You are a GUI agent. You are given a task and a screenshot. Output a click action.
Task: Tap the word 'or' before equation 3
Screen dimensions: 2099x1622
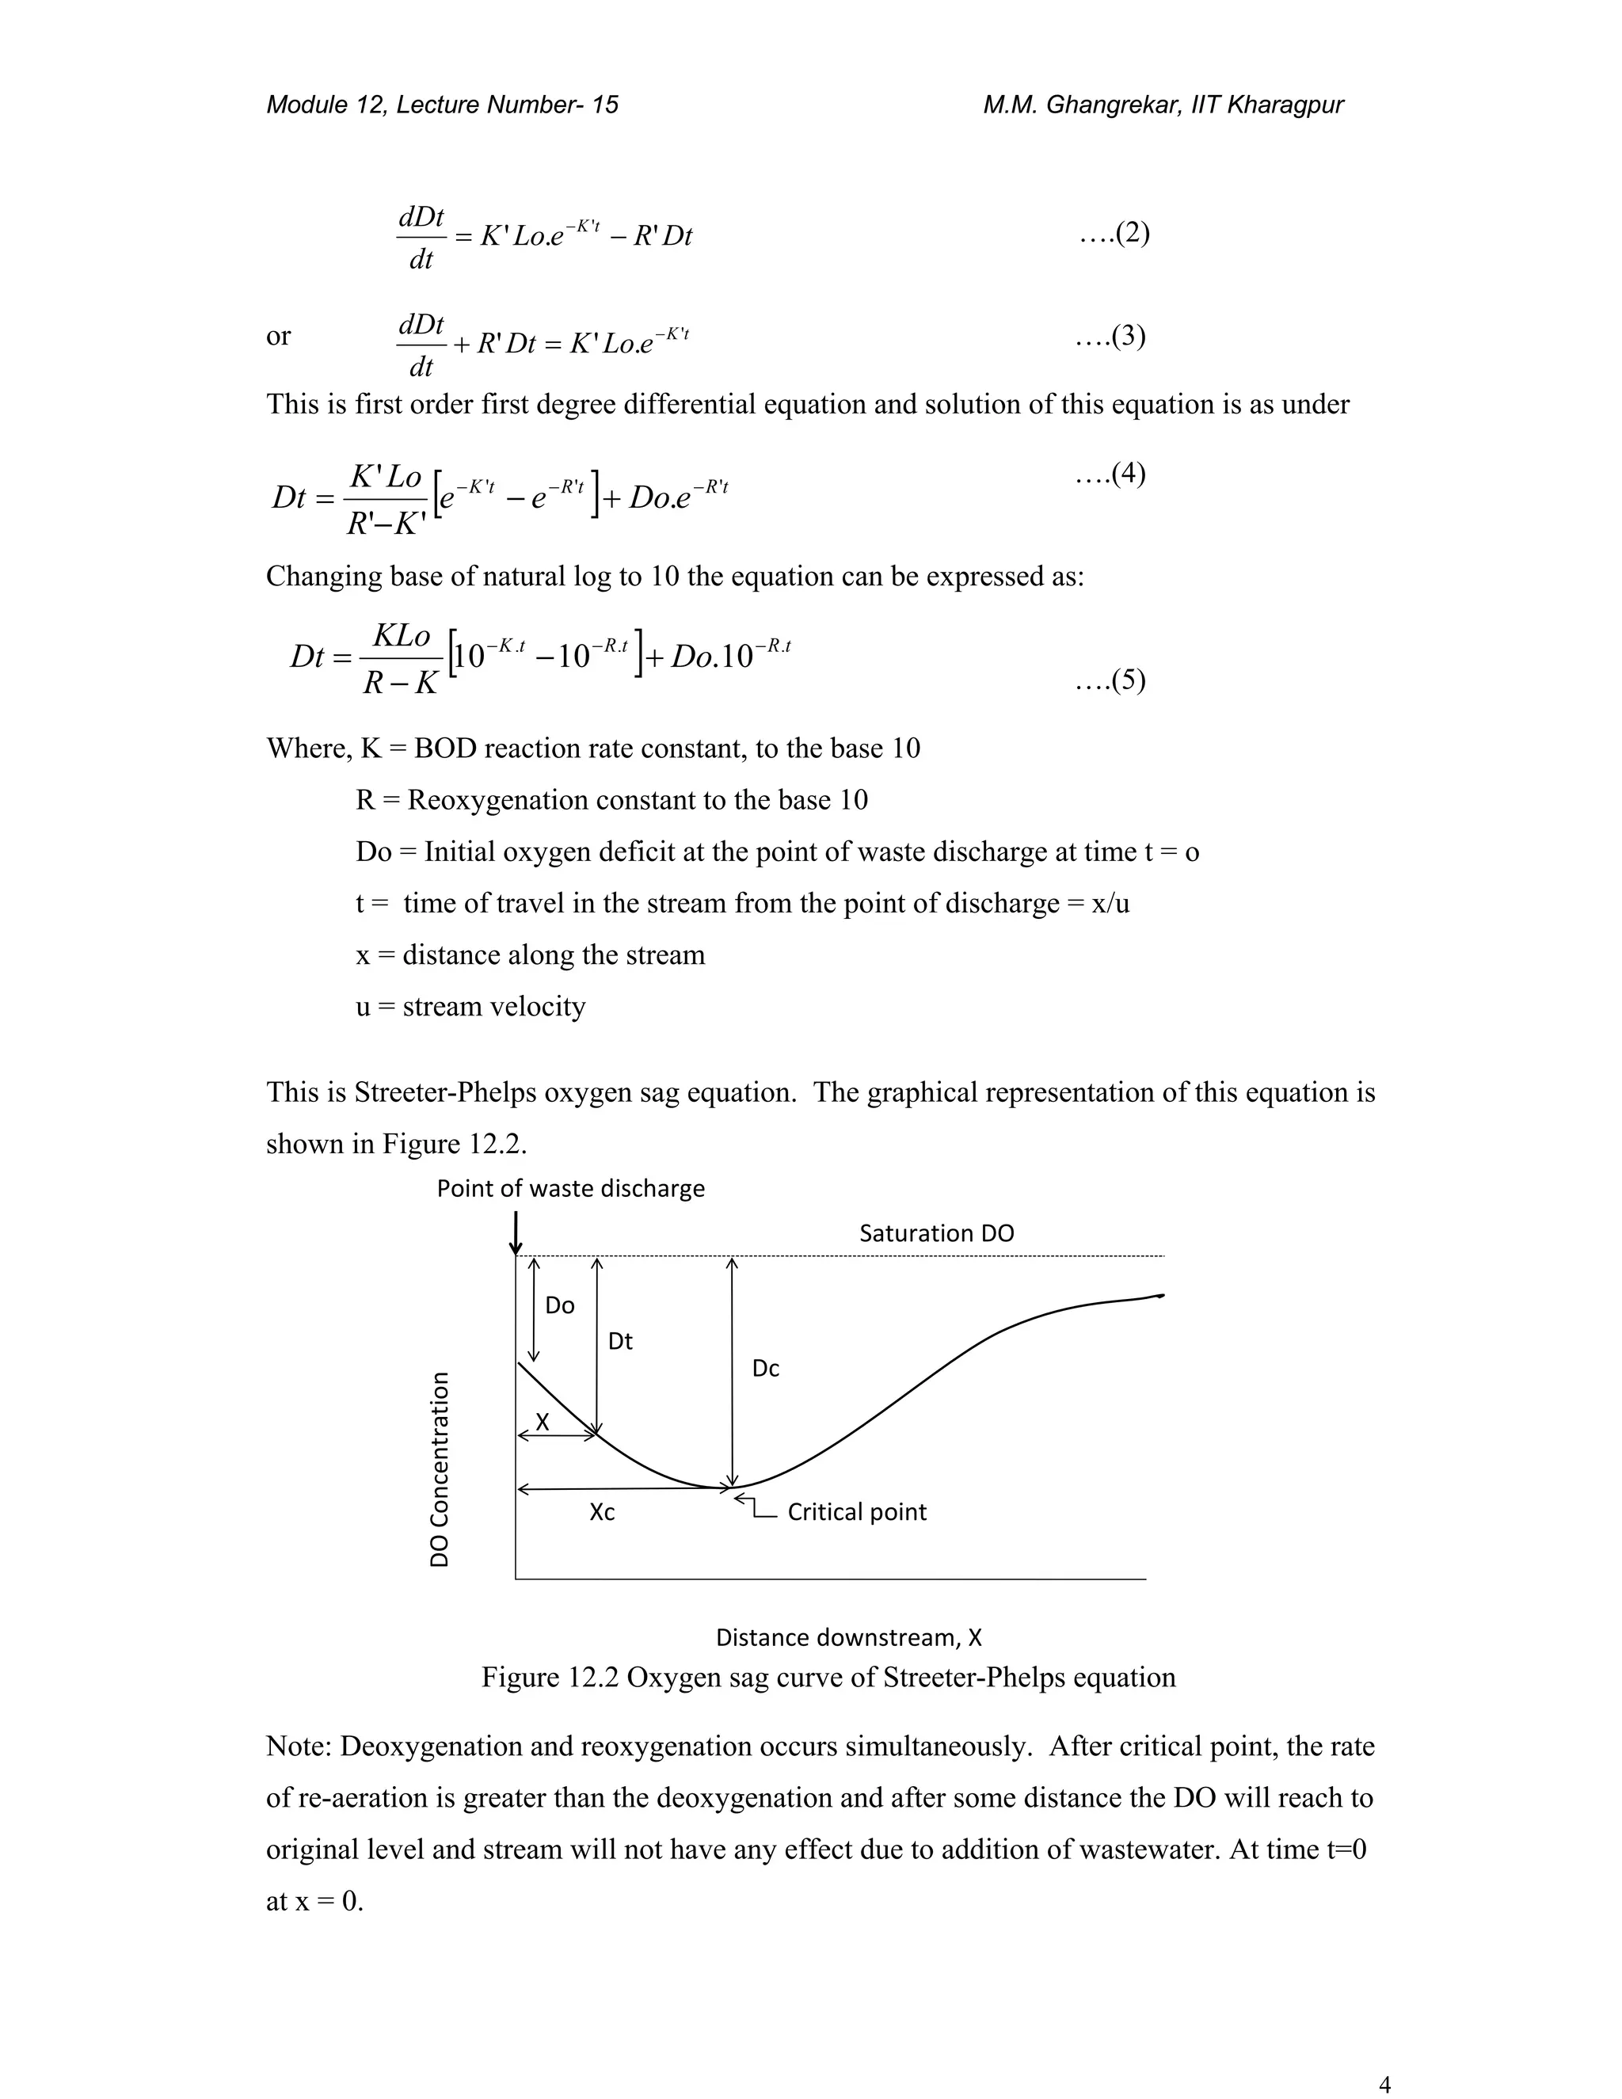278,337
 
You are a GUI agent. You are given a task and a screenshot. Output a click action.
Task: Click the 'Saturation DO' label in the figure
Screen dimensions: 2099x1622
936,1233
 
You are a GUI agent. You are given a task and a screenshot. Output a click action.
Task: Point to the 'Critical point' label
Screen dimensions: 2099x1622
856,1512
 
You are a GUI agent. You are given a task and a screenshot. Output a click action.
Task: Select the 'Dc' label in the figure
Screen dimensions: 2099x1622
765,1369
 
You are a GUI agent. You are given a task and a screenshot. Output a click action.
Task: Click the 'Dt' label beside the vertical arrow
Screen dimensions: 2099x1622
620,1342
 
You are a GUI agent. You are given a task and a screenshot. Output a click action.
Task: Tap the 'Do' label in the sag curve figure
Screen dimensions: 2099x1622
559,1305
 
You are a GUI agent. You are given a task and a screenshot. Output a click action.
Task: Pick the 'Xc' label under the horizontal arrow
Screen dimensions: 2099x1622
602,1513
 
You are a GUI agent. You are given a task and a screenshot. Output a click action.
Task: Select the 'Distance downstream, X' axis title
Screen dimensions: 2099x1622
848,1636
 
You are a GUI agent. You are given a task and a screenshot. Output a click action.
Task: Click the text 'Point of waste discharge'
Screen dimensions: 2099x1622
571,1189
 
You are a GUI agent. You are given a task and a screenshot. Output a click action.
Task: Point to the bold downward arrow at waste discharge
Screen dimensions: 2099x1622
516,1234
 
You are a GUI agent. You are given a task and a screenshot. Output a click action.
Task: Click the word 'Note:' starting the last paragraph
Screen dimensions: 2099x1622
298,1747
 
